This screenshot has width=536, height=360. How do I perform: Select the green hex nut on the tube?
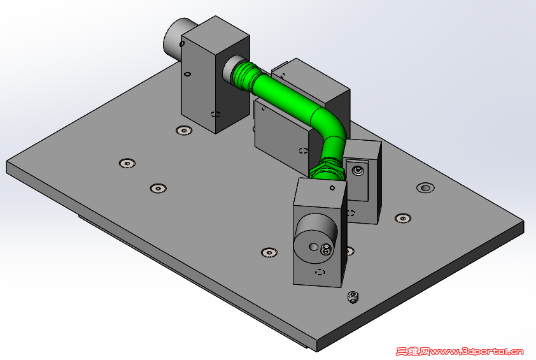(x=327, y=171)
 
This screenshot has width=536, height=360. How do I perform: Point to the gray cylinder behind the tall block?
(x=174, y=40)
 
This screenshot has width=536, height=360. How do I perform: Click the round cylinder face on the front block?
(x=316, y=238)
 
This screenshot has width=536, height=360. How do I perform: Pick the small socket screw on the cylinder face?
(x=326, y=250)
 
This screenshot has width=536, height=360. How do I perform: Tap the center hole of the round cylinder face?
(x=313, y=247)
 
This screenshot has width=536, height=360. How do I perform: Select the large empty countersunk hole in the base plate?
(x=425, y=187)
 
